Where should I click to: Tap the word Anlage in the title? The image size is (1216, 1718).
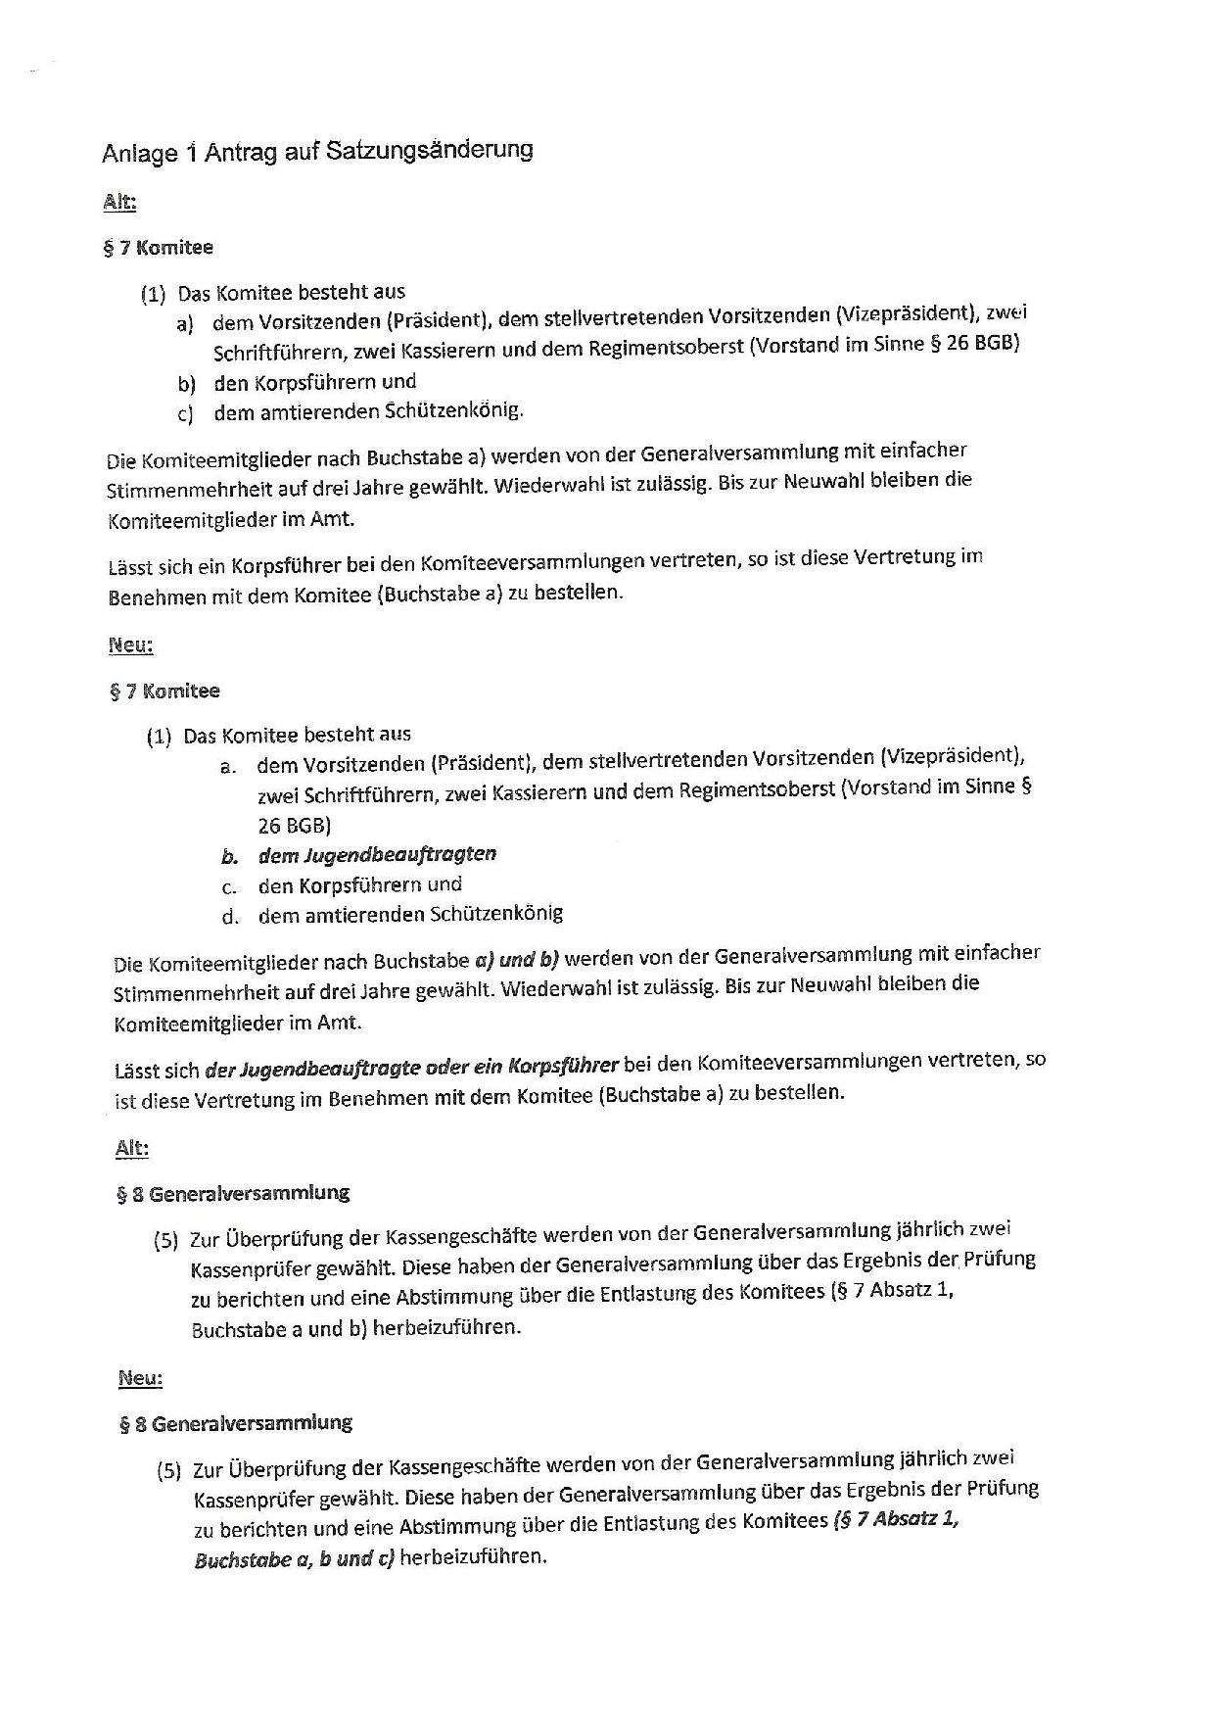coord(140,154)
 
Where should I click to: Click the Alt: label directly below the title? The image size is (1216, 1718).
coord(118,203)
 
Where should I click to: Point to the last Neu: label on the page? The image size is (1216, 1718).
coord(140,1378)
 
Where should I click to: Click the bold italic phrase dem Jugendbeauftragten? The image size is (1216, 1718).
coord(377,854)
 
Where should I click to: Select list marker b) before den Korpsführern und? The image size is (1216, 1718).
coord(187,384)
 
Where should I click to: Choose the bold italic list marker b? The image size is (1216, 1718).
coord(229,857)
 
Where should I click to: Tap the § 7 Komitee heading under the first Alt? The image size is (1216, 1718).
coord(158,248)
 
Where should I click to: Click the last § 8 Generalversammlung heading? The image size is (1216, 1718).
coord(236,1423)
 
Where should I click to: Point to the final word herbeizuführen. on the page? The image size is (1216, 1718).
coord(473,1556)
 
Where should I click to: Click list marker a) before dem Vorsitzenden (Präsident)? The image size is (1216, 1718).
coord(185,324)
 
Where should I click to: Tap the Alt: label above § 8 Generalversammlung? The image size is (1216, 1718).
coord(131,1148)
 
